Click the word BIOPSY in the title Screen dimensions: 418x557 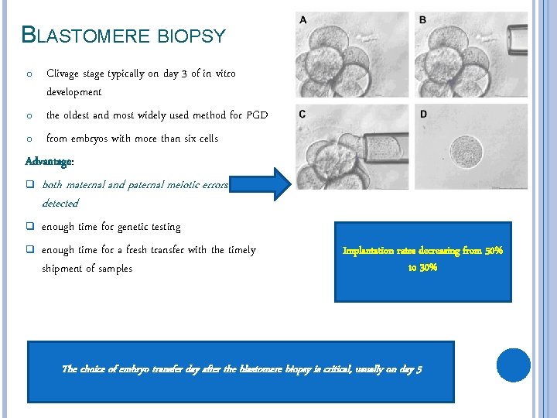191,36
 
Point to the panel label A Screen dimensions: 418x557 302,19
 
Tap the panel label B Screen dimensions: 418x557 422,19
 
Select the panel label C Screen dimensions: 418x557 302,115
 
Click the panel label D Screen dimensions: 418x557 422,115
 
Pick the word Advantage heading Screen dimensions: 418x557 49,161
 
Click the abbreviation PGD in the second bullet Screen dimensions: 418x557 257,115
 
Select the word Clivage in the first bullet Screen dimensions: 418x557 66,74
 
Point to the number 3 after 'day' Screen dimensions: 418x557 183,74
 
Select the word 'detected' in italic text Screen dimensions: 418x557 60,203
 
